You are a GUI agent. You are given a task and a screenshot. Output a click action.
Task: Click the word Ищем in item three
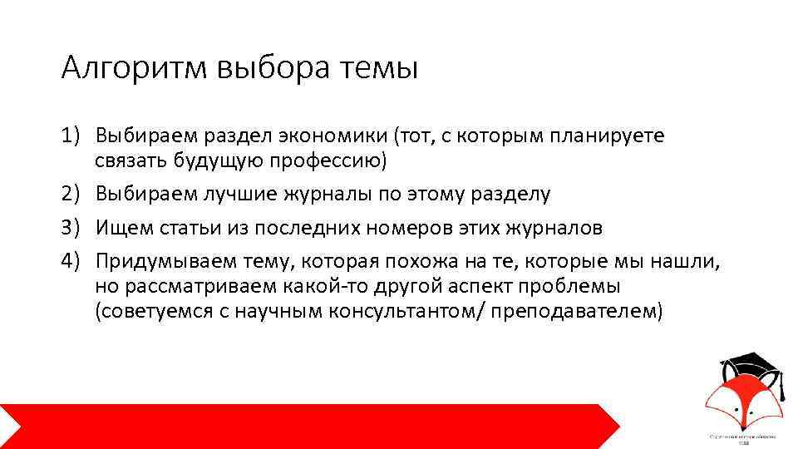tap(120, 228)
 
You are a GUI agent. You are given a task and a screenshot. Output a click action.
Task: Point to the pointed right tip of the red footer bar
tap(618, 425)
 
